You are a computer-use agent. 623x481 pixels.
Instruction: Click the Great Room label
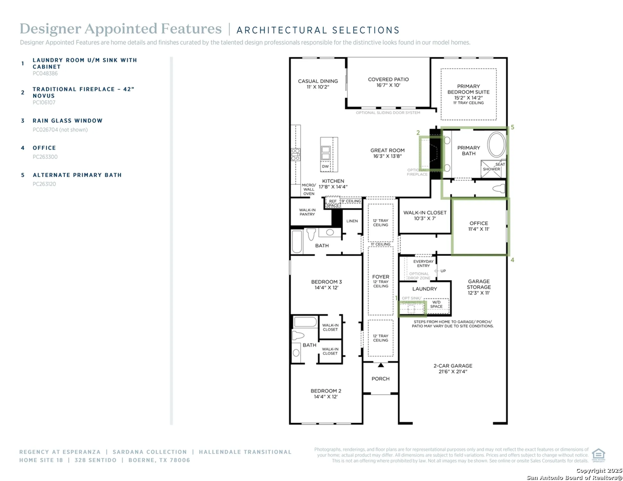[x=387, y=153]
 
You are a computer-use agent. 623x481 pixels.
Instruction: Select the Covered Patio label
[x=388, y=82]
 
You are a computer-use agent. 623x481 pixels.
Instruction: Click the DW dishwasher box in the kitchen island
[x=325, y=166]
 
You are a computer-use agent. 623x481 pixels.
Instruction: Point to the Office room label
[x=478, y=226]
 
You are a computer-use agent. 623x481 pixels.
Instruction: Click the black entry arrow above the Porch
[x=380, y=365]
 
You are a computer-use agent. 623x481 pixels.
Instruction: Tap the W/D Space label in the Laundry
[x=436, y=304]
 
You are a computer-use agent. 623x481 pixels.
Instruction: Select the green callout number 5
[x=512, y=127]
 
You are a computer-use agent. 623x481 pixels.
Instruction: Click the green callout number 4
[x=512, y=260]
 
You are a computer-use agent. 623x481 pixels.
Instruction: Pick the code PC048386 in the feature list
[x=45, y=73]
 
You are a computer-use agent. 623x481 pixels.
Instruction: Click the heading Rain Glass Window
[x=67, y=121]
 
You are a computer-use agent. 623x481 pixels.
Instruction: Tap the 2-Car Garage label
[x=453, y=368]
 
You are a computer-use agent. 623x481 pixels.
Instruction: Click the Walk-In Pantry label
[x=307, y=212]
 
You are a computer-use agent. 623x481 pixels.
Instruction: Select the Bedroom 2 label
[x=326, y=393]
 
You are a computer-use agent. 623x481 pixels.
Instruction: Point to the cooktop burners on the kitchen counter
[x=295, y=154]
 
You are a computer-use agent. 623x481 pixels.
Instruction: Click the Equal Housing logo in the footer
[x=598, y=455]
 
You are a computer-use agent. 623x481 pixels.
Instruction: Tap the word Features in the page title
[x=191, y=29]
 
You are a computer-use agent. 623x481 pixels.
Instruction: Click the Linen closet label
[x=352, y=221]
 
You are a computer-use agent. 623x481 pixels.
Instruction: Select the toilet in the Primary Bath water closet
[x=499, y=189]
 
